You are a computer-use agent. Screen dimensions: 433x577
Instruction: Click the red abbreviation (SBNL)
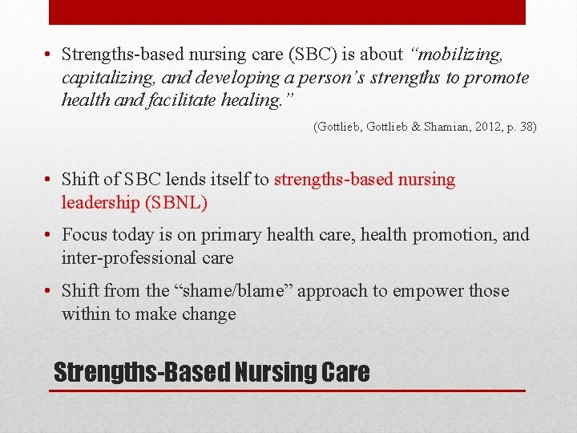(x=176, y=203)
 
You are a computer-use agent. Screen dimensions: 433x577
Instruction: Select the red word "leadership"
(x=100, y=203)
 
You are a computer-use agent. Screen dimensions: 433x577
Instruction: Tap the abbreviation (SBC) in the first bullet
(x=311, y=55)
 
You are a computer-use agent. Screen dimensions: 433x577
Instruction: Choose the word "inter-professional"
(x=129, y=258)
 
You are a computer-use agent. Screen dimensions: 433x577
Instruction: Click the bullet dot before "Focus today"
(x=50, y=235)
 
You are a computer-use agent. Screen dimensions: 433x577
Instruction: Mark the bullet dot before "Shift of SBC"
(x=50, y=180)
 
